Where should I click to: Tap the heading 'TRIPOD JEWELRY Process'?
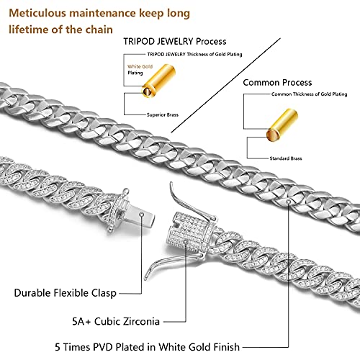tap(174, 42)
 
